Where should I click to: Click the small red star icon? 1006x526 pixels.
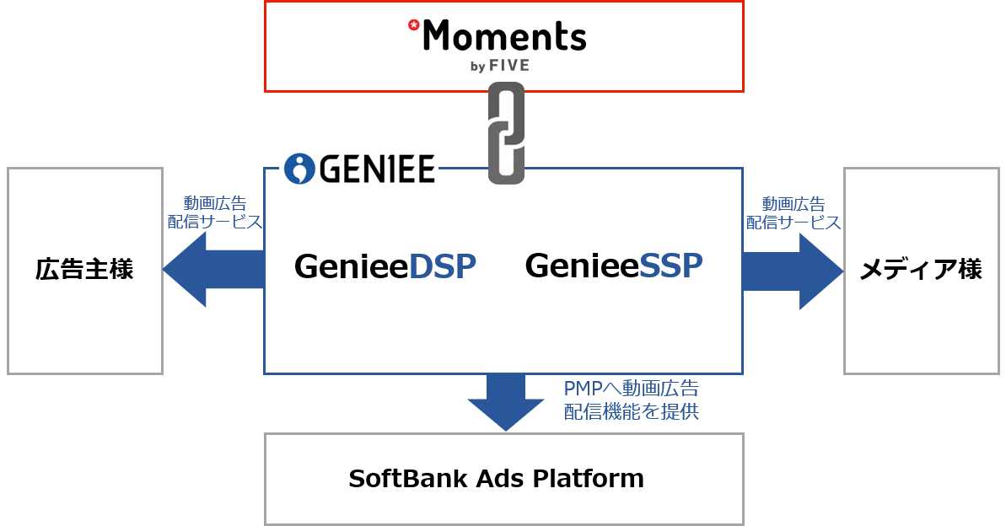tap(413, 25)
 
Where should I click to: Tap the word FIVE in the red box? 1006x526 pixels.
tap(509, 66)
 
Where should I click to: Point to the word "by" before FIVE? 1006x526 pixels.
tap(477, 67)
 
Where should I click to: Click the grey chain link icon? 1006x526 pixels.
tap(506, 133)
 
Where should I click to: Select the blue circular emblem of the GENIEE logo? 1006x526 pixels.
tap(299, 169)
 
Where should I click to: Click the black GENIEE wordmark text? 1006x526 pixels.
tap(377, 169)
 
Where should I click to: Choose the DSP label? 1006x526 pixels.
tap(442, 266)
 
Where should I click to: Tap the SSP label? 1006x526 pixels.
tap(670, 266)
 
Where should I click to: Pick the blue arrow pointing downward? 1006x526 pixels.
tap(506, 402)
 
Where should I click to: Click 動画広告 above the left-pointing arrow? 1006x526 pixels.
tap(215, 203)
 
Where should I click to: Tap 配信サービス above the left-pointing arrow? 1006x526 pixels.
tap(215, 222)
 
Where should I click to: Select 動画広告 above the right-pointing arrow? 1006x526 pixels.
tap(794, 203)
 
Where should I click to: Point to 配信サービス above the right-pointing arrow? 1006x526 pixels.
tap(794, 222)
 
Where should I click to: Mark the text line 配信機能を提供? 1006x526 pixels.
tap(631, 411)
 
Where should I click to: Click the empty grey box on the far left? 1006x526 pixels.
tap(84, 271)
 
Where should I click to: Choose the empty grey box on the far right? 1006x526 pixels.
tap(921, 271)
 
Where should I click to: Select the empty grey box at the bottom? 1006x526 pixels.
tap(503, 479)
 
